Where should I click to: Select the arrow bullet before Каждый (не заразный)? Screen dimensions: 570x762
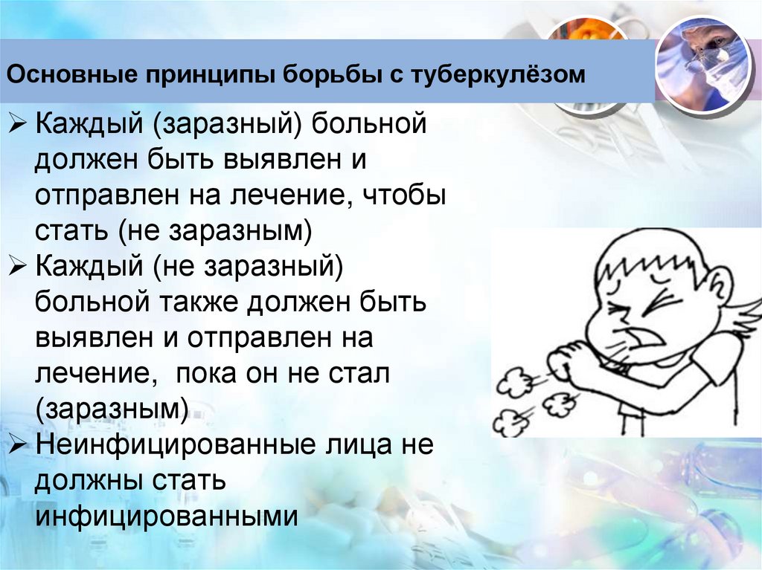tap(18, 266)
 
